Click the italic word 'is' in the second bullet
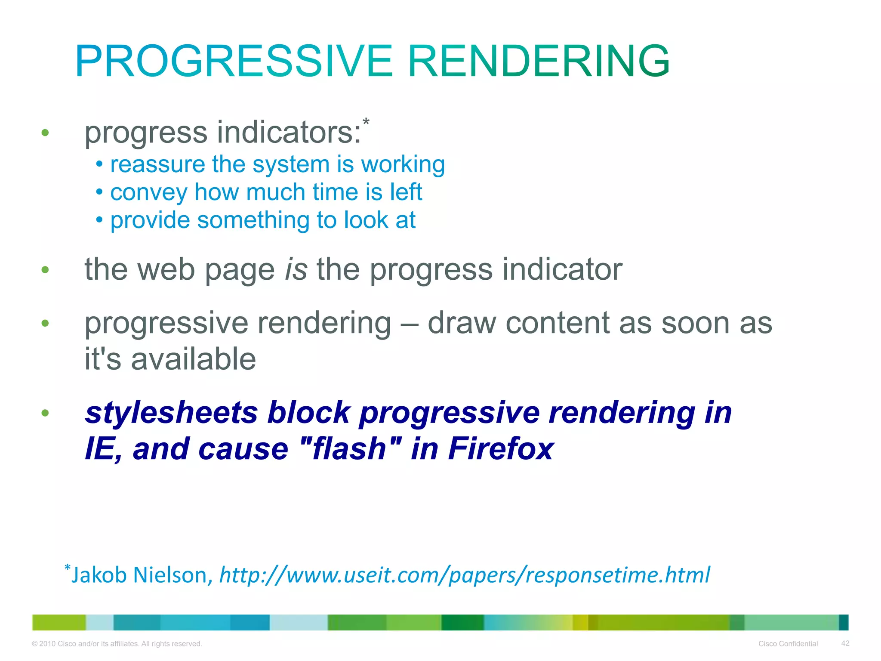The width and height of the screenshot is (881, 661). [x=296, y=270]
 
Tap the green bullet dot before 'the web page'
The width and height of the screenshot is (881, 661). [x=45, y=270]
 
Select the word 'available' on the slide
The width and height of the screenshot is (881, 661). [x=193, y=359]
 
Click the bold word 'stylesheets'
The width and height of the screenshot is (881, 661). [x=171, y=413]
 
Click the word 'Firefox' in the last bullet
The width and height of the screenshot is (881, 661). [x=500, y=449]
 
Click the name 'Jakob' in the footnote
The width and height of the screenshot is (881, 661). [x=99, y=575]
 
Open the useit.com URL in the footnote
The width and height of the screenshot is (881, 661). [x=465, y=575]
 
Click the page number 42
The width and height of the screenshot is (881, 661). [x=845, y=643]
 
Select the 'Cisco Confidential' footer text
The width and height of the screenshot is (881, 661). [x=788, y=644]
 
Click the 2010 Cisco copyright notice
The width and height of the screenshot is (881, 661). [x=117, y=644]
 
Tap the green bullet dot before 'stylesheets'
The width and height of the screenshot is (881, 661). [x=45, y=414]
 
